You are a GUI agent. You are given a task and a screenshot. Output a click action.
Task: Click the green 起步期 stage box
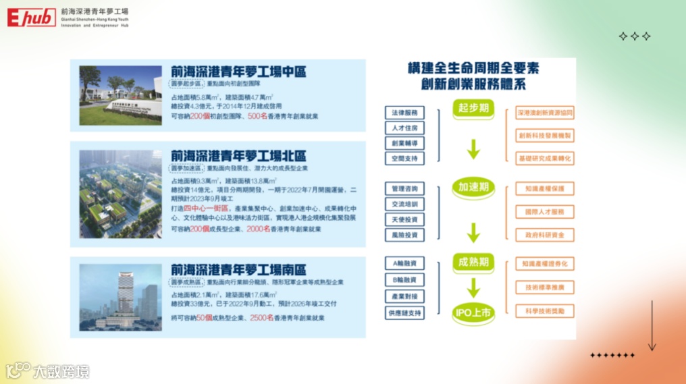coord(473,109)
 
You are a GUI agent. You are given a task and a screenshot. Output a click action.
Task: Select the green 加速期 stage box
coord(473,187)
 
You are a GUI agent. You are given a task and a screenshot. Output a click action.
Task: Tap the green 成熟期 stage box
coord(473,262)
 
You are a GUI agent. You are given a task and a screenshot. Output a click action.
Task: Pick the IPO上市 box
coord(473,312)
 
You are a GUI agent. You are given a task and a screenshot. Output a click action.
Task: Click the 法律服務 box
coord(404,113)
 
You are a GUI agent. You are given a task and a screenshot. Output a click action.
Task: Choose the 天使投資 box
coord(404,220)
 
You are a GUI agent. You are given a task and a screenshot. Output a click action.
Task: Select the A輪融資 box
coord(404,263)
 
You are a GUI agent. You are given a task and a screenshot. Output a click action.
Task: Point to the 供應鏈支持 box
coord(404,313)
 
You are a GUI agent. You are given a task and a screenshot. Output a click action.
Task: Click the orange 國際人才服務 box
coord(544,212)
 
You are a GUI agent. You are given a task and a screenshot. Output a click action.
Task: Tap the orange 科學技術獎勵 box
coord(544,311)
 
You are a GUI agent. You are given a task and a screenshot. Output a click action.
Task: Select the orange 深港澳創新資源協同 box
coord(544,113)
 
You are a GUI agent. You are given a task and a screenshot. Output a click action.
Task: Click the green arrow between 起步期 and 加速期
coord(473,148)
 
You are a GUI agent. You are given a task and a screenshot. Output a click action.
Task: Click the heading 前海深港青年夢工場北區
coord(238,154)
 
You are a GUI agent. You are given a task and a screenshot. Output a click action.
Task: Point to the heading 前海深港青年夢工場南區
coord(238,269)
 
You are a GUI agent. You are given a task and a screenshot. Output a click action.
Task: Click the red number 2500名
coord(261,317)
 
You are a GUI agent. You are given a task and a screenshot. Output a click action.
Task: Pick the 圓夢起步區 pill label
coord(187,84)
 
